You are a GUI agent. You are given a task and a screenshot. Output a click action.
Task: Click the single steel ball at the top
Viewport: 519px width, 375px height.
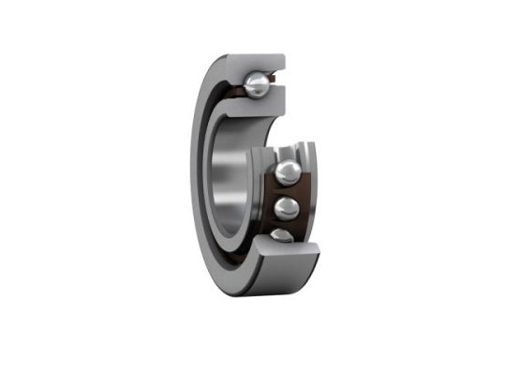pos(255,86)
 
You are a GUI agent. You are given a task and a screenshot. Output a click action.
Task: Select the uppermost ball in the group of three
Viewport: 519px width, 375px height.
pos(288,172)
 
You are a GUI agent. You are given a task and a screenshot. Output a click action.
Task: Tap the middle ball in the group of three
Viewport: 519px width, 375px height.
pos(287,205)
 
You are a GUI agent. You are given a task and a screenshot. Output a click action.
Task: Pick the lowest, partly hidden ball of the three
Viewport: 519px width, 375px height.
pos(283,234)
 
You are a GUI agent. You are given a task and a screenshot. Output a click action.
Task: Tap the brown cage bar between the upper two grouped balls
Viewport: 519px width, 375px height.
pos(288,189)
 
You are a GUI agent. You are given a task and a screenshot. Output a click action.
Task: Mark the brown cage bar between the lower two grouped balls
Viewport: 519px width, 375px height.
pos(287,222)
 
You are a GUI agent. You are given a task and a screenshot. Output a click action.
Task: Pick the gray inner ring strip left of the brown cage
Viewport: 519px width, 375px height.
pos(263,202)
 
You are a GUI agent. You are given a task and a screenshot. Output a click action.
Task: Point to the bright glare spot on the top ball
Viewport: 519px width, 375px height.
pos(252,83)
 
